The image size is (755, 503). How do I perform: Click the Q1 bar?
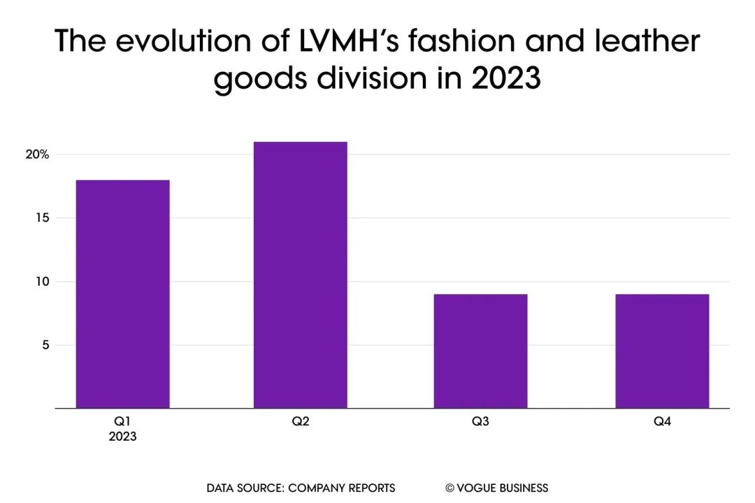pyautogui.click(x=122, y=294)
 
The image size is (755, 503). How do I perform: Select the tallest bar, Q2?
pyautogui.click(x=300, y=275)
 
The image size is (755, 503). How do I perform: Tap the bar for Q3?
pyautogui.click(x=481, y=351)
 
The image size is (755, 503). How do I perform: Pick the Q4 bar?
pyautogui.click(x=662, y=351)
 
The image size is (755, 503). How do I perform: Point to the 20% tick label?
pyautogui.click(x=37, y=154)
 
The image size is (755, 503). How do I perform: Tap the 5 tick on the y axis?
pyautogui.click(x=44, y=345)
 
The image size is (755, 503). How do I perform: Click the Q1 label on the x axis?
pyautogui.click(x=122, y=422)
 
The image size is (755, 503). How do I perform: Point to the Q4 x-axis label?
pyautogui.click(x=662, y=422)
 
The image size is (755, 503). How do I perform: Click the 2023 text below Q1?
pyautogui.click(x=122, y=437)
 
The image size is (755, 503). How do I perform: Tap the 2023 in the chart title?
pyautogui.click(x=506, y=79)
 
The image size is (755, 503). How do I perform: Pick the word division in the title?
pyautogui.click(x=375, y=79)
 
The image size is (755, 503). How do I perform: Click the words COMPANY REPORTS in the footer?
pyautogui.click(x=341, y=488)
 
